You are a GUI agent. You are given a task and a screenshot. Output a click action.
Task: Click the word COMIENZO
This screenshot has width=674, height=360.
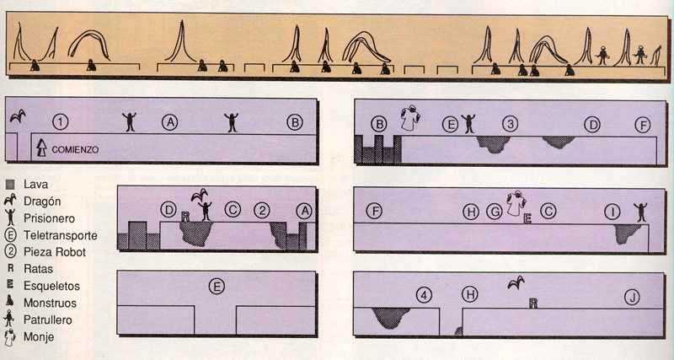(75, 150)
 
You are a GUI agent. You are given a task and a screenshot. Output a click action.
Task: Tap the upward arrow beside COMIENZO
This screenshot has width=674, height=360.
(41, 148)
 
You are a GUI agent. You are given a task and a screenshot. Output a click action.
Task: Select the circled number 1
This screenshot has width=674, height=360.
(60, 122)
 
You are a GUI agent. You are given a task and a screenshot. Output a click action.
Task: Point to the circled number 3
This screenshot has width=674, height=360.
(510, 124)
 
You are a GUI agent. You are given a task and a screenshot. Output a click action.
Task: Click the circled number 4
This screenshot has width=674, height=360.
(424, 295)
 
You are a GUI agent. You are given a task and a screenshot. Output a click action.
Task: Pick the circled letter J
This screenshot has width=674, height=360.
(632, 297)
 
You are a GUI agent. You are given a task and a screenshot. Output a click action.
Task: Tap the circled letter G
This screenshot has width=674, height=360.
(495, 212)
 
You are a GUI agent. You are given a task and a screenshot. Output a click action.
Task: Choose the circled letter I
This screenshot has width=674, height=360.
(612, 212)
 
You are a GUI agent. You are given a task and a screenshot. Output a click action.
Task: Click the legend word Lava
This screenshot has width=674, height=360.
(35, 185)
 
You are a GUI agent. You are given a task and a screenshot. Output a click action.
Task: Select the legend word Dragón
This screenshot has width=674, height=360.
(42, 201)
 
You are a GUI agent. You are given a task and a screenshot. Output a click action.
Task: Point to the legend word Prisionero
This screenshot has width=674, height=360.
(49, 218)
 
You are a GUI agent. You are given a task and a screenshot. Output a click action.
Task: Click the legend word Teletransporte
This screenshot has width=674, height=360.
(61, 235)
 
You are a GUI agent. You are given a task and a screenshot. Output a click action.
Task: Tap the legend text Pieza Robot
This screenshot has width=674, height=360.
(55, 252)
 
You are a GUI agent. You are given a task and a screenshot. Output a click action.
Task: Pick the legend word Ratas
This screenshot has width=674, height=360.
(38, 269)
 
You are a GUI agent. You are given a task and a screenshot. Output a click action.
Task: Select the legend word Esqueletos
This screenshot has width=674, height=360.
(51, 286)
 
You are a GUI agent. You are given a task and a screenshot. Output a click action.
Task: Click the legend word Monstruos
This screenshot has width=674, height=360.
(50, 303)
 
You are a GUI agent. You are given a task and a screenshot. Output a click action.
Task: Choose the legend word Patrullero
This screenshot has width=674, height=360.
(48, 320)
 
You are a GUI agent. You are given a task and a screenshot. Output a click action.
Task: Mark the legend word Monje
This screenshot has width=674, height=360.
(39, 336)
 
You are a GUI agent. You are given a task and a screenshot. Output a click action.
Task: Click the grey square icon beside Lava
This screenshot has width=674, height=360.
(10, 185)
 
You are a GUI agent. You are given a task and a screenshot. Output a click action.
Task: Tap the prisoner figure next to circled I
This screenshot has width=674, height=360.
(640, 212)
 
